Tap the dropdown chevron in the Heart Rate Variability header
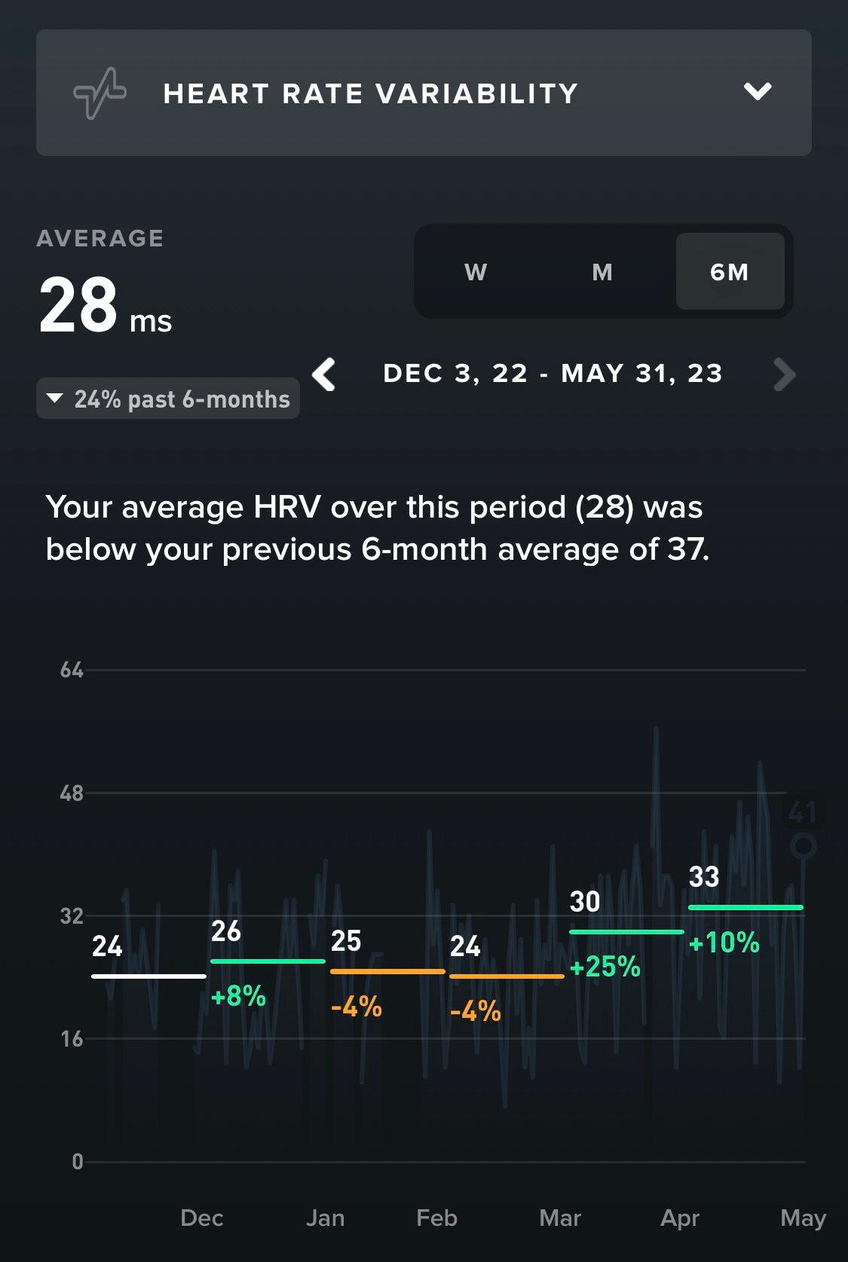[758, 92]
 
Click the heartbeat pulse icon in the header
[99, 93]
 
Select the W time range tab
[476, 272]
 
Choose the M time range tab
[602, 272]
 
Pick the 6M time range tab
[730, 272]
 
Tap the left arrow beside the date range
[325, 374]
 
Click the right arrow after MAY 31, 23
[784, 374]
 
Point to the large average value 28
[78, 305]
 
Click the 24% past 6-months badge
[168, 399]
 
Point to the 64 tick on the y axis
[72, 670]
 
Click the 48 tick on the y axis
[72, 793]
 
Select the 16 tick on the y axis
[72, 1040]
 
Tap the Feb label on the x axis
[436, 1218]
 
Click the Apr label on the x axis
[680, 1218]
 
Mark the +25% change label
[605, 967]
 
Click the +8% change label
[239, 996]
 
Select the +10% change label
[724, 943]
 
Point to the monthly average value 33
[704, 877]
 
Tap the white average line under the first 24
[148, 976]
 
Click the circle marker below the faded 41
[804, 846]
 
